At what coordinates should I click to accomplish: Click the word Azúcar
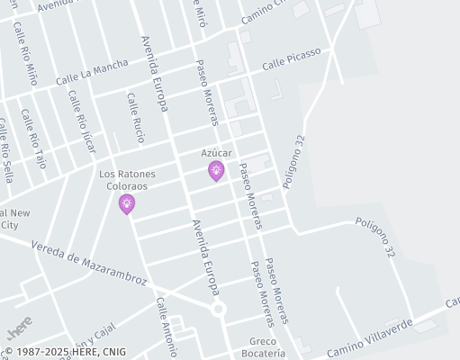pyautogui.click(x=216, y=153)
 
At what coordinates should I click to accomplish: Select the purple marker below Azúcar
pyautogui.click(x=216, y=170)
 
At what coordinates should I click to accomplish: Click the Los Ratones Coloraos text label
pyautogui.click(x=127, y=180)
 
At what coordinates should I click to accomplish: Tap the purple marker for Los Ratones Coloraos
pyautogui.click(x=127, y=204)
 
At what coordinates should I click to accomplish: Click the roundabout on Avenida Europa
pyautogui.click(x=218, y=309)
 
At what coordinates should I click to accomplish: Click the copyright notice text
pyautogui.click(x=65, y=352)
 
